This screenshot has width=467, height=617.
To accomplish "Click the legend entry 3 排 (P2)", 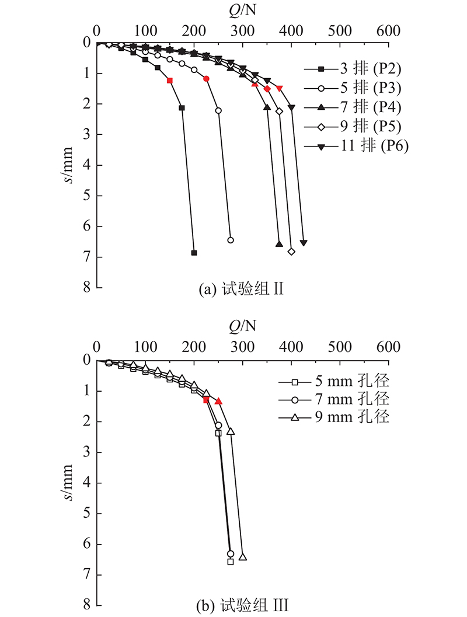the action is [353, 69].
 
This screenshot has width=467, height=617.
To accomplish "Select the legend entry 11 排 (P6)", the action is [357, 146].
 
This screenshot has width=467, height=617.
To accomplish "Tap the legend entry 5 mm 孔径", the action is [334, 381].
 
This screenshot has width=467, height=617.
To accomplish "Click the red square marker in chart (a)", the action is [169, 81].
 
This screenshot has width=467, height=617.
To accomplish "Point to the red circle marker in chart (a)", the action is [206, 79].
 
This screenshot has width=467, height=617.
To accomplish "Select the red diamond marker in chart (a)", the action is [267, 89].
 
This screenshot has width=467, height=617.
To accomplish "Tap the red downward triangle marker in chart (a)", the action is [280, 88].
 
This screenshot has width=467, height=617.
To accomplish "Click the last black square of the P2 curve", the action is [194, 253].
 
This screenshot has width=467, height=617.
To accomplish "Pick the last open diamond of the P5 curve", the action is [291, 252].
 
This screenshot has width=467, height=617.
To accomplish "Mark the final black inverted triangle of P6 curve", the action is [304, 243].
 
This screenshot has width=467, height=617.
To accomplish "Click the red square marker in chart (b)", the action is [206, 400].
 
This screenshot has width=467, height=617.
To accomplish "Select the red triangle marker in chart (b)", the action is [218, 401].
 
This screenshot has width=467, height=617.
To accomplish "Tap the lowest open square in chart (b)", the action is [231, 562].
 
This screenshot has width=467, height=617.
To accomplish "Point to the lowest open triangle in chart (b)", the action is [243, 556].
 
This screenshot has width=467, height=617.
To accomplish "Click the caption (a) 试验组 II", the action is [241, 289].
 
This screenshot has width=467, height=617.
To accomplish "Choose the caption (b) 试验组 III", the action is [242, 605].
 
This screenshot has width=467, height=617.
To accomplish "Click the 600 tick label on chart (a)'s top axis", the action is [388, 31].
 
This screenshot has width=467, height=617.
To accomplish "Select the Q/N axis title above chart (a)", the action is [242, 10].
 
